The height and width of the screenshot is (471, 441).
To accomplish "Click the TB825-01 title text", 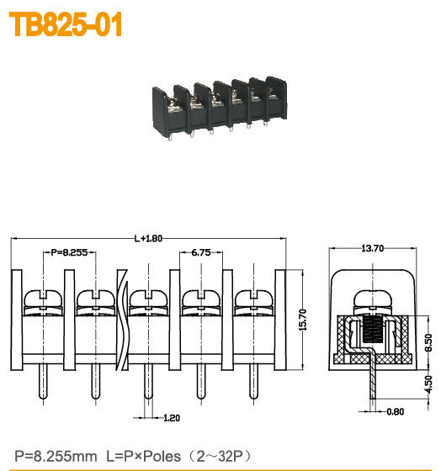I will [66, 25].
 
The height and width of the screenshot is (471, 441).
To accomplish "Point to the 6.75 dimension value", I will [200, 251].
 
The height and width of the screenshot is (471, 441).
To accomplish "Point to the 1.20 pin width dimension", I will [170, 417].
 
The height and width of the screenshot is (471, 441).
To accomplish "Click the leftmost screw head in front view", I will [40, 299].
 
